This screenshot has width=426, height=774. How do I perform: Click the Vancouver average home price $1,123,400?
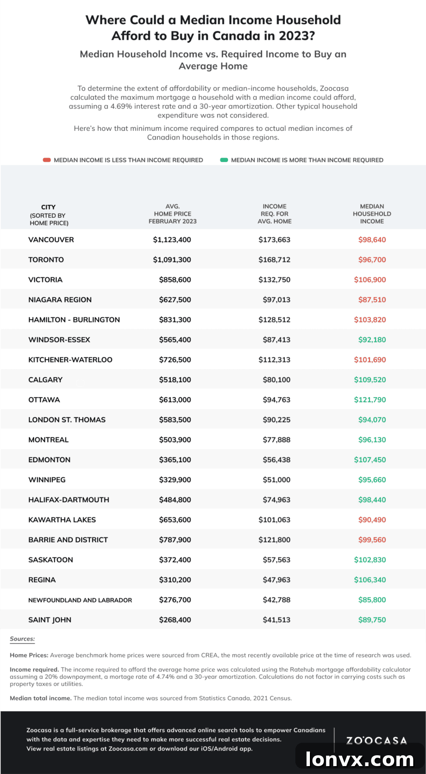[172, 240]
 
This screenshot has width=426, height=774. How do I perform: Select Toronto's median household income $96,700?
[372, 260]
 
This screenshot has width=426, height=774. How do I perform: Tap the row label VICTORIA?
[45, 280]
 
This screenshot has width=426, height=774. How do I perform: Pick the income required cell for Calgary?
[277, 380]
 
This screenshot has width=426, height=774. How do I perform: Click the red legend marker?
[47, 160]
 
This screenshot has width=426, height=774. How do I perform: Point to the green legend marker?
[224, 160]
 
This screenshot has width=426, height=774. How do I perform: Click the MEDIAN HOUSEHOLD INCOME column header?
[372, 214]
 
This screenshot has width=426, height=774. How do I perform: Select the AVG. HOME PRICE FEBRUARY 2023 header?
[173, 214]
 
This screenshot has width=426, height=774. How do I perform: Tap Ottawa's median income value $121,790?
[370, 400]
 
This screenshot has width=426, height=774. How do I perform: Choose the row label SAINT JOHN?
[50, 620]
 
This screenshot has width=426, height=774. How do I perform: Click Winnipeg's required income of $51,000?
[277, 480]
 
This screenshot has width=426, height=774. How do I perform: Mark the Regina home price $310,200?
[175, 580]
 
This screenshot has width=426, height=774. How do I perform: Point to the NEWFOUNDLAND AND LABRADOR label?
[80, 600]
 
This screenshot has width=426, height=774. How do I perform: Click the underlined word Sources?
[22, 639]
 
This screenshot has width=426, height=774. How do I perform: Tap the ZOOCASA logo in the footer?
[377, 740]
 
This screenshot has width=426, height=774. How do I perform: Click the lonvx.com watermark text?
[360, 759]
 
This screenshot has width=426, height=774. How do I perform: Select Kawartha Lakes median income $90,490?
[372, 520]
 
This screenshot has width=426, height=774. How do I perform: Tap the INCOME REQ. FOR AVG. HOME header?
[275, 214]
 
